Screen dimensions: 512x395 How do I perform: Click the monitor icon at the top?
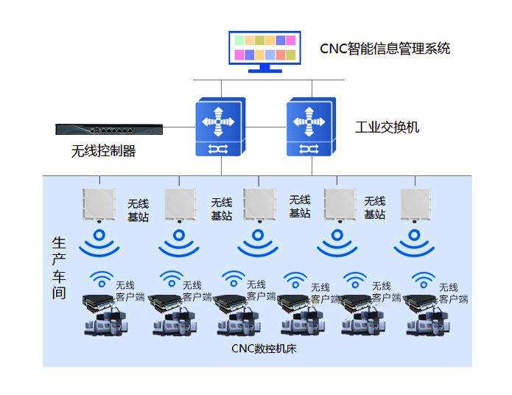(264, 52)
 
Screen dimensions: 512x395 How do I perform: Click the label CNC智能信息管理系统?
(385, 49)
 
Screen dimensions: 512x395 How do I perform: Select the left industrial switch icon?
(220, 127)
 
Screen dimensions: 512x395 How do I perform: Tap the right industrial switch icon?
(311, 127)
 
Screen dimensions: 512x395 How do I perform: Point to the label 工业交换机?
(387, 127)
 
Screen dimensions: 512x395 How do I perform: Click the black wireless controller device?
(109, 130)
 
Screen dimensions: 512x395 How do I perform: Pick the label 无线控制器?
(103, 151)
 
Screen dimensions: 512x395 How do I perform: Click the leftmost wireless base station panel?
(99, 205)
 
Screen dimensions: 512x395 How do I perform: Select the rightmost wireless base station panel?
(415, 205)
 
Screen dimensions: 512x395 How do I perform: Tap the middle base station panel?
(259, 205)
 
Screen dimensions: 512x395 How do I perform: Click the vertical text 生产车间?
(59, 268)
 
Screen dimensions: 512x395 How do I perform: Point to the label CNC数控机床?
(264, 349)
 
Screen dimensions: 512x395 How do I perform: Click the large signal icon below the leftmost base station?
(99, 243)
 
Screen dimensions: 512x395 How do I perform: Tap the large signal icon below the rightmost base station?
(414, 243)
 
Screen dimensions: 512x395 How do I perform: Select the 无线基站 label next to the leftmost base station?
(138, 211)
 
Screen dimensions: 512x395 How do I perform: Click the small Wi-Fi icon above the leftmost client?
(102, 279)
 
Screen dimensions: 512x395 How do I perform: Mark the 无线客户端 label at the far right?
(453, 293)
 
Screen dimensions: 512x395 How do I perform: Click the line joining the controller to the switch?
(179, 127)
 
